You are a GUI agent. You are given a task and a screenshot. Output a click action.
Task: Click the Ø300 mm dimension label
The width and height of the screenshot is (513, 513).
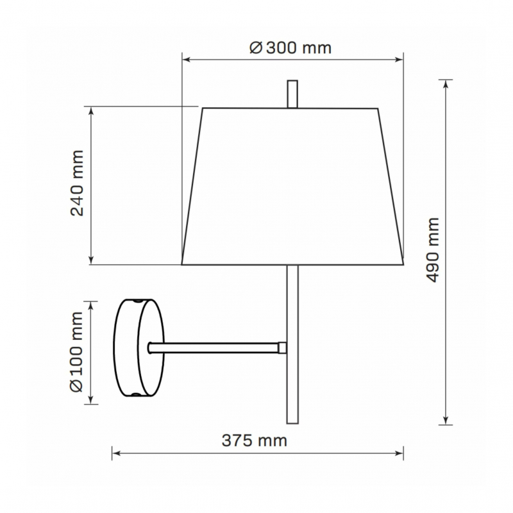290,48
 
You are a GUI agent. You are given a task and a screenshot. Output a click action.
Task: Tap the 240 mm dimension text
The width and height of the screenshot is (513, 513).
77,183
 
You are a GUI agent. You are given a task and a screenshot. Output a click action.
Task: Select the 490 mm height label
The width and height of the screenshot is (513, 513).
432,249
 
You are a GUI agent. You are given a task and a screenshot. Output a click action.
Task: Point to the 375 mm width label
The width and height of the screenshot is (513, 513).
255,441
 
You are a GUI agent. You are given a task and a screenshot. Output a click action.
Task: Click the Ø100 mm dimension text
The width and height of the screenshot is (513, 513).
77,351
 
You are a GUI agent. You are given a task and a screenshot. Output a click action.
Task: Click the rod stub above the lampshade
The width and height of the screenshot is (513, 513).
292,94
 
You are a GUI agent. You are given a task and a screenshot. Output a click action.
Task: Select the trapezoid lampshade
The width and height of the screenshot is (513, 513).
292,186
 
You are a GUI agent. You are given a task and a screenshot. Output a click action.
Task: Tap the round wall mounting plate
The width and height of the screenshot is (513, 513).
139,348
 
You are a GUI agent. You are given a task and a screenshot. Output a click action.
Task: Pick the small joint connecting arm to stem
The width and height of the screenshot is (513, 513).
282,348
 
